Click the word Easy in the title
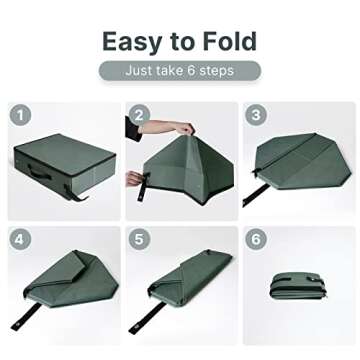132,42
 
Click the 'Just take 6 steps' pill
180,71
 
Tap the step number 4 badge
19,240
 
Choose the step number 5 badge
139,240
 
